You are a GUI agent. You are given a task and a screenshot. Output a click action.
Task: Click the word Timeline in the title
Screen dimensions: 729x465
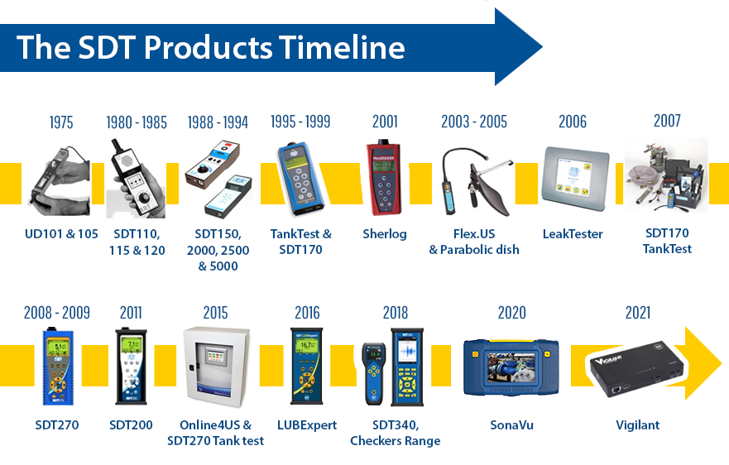point(342,47)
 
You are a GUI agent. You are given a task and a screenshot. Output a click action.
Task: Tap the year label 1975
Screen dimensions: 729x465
point(61,122)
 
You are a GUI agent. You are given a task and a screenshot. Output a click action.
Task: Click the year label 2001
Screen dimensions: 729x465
point(385,122)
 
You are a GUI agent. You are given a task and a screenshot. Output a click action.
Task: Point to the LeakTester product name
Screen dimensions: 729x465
point(573,234)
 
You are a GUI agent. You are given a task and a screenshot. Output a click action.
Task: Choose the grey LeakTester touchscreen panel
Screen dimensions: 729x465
point(575,178)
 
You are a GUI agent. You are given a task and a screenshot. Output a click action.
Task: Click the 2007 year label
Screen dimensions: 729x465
point(667,121)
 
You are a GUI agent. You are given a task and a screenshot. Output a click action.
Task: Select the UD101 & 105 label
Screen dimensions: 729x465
point(61,234)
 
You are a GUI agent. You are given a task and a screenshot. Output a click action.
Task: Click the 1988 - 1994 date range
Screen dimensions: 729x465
point(218,122)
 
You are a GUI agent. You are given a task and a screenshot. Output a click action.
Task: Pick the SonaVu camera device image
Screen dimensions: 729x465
point(511,367)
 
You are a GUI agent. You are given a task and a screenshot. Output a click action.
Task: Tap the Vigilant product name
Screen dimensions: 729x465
point(637,425)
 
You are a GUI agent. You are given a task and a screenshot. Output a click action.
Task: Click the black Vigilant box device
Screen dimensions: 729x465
point(636,369)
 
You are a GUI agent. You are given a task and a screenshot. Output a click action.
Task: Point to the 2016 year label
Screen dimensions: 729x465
point(307,313)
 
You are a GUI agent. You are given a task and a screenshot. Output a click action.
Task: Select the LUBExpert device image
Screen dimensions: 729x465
point(306,367)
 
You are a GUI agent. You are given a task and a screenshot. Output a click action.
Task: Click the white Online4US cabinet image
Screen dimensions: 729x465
point(216,367)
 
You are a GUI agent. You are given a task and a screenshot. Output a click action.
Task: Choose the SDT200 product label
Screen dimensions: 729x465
point(131,425)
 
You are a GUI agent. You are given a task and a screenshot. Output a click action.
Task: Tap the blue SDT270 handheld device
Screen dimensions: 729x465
point(58,367)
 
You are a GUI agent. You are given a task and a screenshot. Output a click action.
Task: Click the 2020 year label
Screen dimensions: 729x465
point(511,313)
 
